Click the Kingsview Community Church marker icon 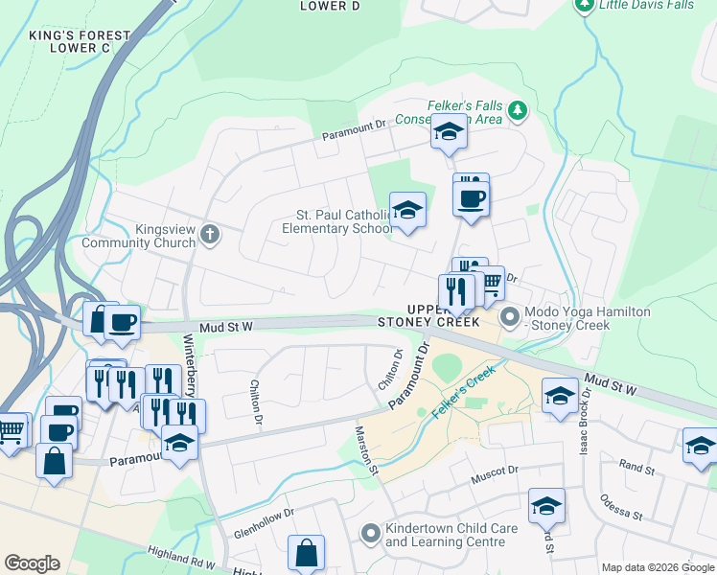(211, 235)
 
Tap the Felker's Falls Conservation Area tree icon (518, 110)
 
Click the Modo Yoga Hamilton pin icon (510, 314)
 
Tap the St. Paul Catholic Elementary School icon (407, 212)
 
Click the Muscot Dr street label (494, 471)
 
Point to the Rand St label (636, 468)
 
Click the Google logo (31, 563)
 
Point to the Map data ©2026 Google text (657, 567)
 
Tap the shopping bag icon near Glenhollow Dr (306, 555)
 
